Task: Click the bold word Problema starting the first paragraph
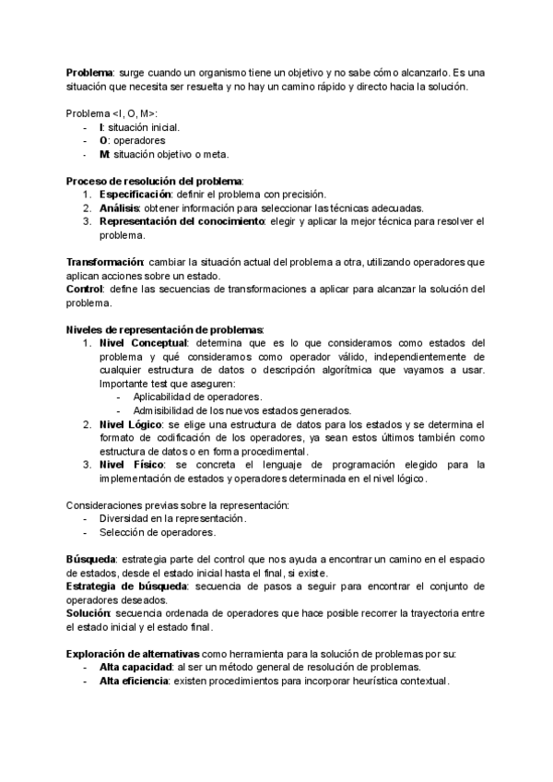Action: click(89, 72)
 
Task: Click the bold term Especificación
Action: click(135, 195)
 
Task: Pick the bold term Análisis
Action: click(119, 208)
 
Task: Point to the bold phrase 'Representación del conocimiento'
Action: click(182, 222)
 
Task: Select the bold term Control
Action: click(84, 290)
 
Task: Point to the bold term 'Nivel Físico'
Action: click(129, 465)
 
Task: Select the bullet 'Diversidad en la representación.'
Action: click(172, 519)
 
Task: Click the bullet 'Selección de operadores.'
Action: click(158, 533)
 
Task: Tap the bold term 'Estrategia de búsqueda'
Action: click(126, 586)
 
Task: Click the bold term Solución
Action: click(88, 613)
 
